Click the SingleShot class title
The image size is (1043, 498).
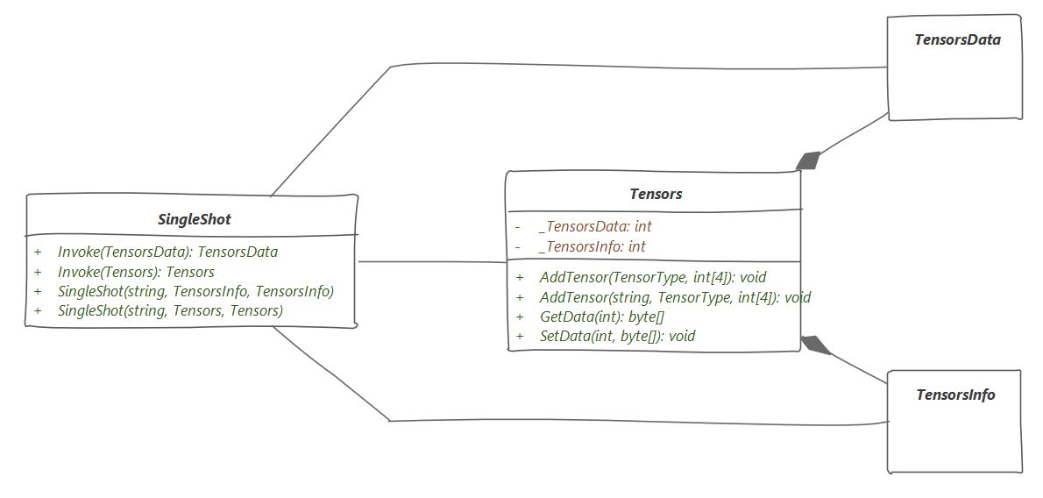195,219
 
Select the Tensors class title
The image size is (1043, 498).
656,195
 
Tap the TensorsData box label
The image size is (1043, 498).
957,39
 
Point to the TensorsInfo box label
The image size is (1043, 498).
956,395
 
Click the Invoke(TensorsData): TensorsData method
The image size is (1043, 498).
167,253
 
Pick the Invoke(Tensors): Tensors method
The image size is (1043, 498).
137,272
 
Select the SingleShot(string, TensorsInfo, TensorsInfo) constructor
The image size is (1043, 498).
195,291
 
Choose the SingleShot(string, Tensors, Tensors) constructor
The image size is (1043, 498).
170,310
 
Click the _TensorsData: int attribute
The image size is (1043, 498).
595,227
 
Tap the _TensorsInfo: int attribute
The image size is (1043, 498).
592,247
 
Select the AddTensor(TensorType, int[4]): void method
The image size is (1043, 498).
653,277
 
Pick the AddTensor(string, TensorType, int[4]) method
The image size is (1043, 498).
675,297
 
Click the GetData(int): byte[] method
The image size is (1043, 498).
602,317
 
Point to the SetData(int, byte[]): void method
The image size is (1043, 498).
617,336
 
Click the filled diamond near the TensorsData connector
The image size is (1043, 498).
808,161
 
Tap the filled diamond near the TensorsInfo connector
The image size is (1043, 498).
815,345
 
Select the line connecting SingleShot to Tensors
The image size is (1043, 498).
432,261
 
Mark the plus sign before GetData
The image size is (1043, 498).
520,317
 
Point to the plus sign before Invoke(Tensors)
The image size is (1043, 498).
38,272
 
